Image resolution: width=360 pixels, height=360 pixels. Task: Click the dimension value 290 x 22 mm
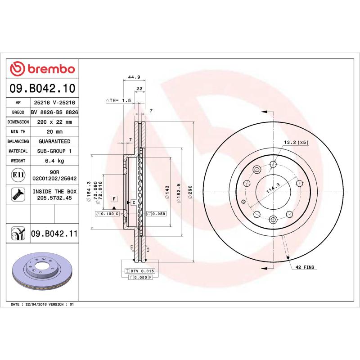(x=54, y=122)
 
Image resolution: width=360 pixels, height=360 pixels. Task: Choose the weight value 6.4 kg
(x=54, y=161)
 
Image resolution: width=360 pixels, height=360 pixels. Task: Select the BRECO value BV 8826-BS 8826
(x=54, y=112)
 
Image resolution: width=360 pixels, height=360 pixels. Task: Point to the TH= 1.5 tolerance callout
(x=118, y=100)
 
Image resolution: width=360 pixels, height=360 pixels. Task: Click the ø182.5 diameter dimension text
(x=179, y=193)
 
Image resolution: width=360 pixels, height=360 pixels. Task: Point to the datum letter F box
(x=114, y=198)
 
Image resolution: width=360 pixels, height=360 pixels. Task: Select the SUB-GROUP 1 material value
(x=54, y=151)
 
